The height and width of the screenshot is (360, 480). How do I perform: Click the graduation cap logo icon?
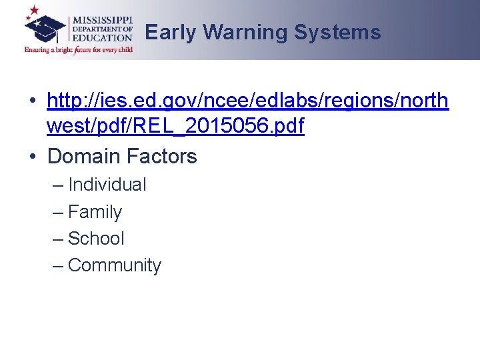[45, 28]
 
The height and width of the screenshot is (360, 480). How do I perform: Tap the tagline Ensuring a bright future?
[79, 49]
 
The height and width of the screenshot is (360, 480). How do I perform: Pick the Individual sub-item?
[107, 185]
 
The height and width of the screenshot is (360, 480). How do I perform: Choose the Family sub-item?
[95, 212]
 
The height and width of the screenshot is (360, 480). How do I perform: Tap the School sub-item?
[96, 239]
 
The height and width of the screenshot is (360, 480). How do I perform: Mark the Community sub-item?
[115, 265]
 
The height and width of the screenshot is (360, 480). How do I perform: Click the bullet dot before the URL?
[33, 102]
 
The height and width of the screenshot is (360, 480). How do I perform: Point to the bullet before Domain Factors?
[33, 157]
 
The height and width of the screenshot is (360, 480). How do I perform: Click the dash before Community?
[58, 265]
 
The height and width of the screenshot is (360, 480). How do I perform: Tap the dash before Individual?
[58, 185]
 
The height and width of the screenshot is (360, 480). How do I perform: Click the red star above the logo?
[32, 11]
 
